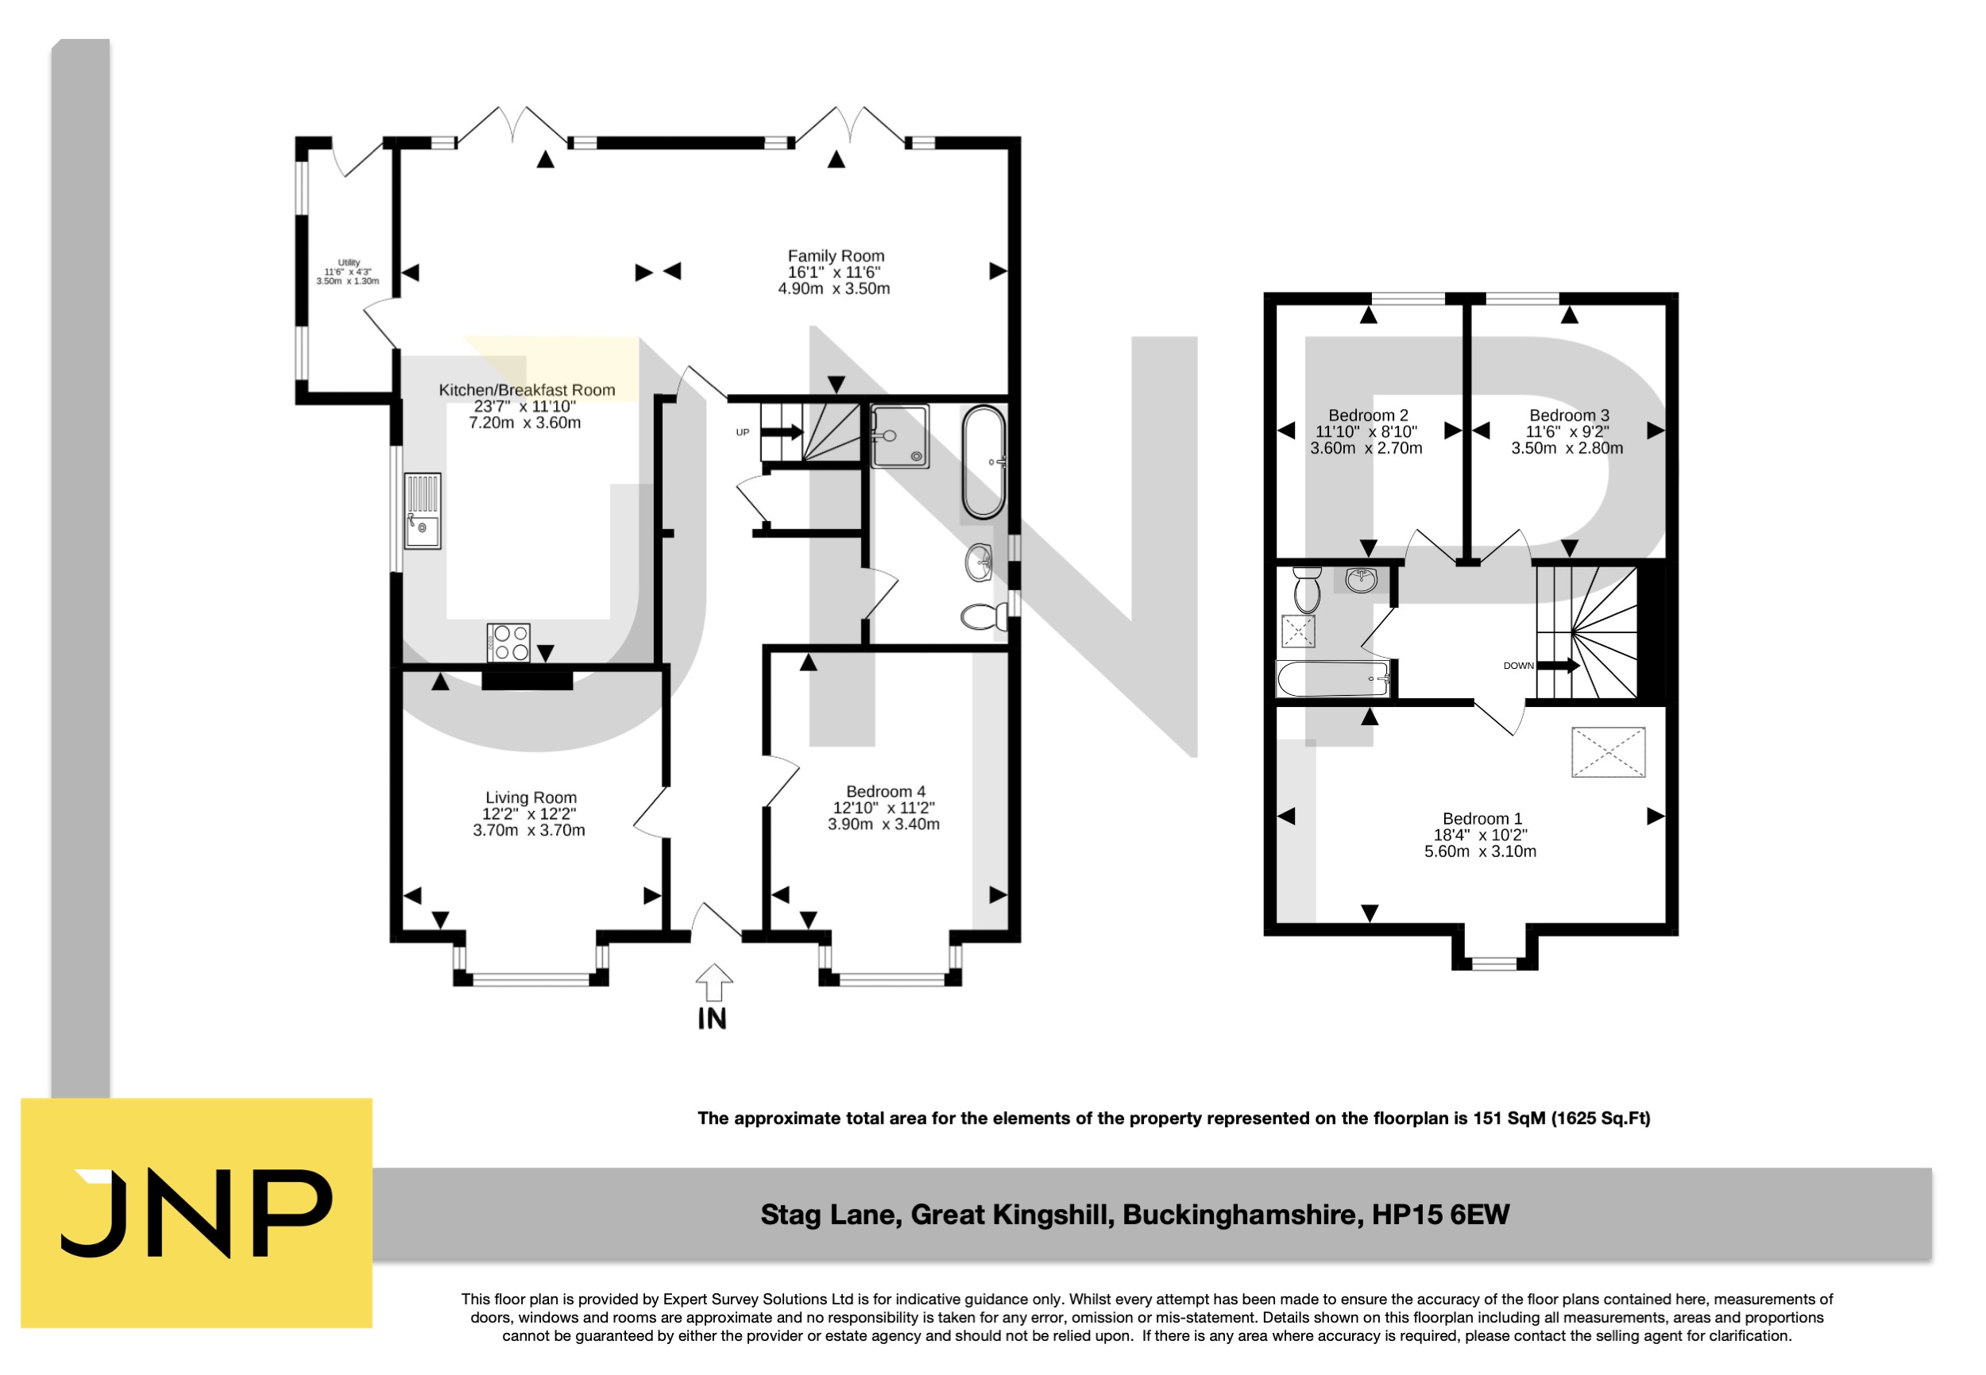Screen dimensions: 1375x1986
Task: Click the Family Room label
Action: (835, 256)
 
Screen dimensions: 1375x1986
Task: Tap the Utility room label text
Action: (348, 263)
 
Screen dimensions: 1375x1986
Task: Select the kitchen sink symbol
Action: (422, 511)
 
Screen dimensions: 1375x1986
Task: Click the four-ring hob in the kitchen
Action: (508, 643)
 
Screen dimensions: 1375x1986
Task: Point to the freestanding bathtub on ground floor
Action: (983, 462)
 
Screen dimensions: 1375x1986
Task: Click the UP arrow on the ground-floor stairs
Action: (782, 432)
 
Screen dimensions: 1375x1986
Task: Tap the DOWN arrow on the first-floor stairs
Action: (1557, 665)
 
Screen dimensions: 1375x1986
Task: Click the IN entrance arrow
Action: (713, 983)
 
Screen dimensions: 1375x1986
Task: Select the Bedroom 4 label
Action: (885, 791)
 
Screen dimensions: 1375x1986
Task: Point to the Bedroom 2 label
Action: (1367, 415)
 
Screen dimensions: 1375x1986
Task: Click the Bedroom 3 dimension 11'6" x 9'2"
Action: (1567, 431)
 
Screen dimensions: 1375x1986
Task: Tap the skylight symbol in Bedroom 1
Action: (1608, 752)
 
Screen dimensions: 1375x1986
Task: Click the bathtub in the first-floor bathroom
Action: (1332, 679)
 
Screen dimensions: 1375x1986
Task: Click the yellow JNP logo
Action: (196, 1212)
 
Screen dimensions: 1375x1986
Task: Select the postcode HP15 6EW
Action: (1439, 1215)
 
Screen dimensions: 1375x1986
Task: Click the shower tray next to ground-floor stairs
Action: (898, 437)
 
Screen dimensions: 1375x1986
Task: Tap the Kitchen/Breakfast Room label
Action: (527, 390)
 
